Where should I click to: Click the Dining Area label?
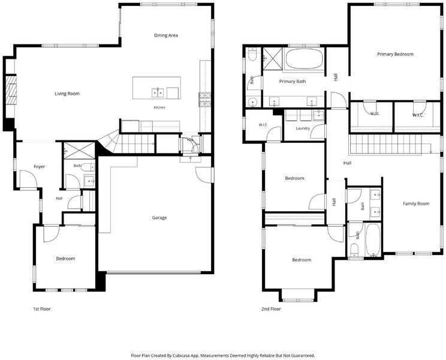166,35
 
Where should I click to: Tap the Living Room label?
67,94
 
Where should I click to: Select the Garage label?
159,218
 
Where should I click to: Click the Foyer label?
39,166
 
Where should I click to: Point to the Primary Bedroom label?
396,54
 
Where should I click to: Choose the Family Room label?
416,203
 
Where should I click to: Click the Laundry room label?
303,128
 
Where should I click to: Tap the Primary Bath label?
293,82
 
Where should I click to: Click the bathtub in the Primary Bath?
304,58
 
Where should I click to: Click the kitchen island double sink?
158,93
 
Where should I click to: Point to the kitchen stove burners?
205,100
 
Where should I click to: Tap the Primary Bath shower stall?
273,58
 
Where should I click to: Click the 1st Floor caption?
42,309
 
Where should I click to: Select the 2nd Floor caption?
271,309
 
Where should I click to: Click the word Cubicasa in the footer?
181,355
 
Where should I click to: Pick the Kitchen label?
159,107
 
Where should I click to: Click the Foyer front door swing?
28,179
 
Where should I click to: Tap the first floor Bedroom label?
65,259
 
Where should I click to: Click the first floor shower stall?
79,151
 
